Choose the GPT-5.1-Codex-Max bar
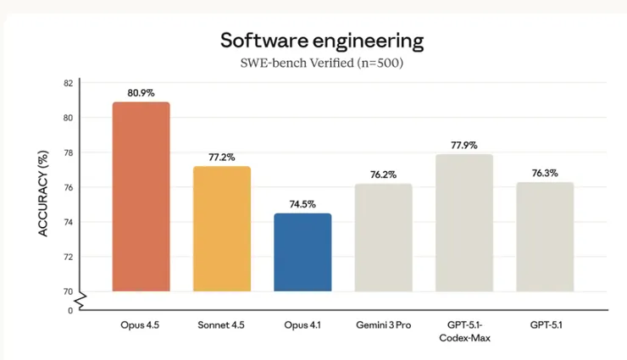pos(463,223)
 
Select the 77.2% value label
pos(221,158)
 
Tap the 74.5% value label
pos(302,204)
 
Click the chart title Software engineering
pos(322,40)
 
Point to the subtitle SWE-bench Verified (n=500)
pos(322,64)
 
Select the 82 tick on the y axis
pos(68,83)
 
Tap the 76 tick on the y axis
pos(68,187)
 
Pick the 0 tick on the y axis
pos(70,310)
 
